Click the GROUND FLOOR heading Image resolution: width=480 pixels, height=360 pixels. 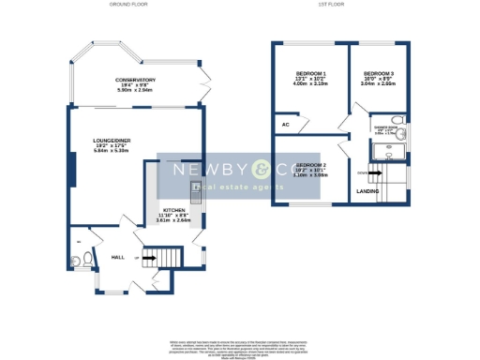(x=130, y=5)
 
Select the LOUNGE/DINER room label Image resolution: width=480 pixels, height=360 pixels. (x=110, y=141)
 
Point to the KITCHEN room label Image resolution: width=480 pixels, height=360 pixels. (x=174, y=210)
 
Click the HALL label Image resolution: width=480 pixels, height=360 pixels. (x=118, y=256)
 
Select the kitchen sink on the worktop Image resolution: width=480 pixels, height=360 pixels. (x=196, y=188)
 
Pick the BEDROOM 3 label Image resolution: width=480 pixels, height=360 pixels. (x=378, y=73)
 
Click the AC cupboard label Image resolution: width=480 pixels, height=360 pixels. (x=283, y=124)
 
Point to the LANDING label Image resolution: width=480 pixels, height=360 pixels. (x=368, y=191)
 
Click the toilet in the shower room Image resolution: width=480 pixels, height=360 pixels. (x=399, y=120)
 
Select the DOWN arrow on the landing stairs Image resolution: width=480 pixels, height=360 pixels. (x=364, y=172)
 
